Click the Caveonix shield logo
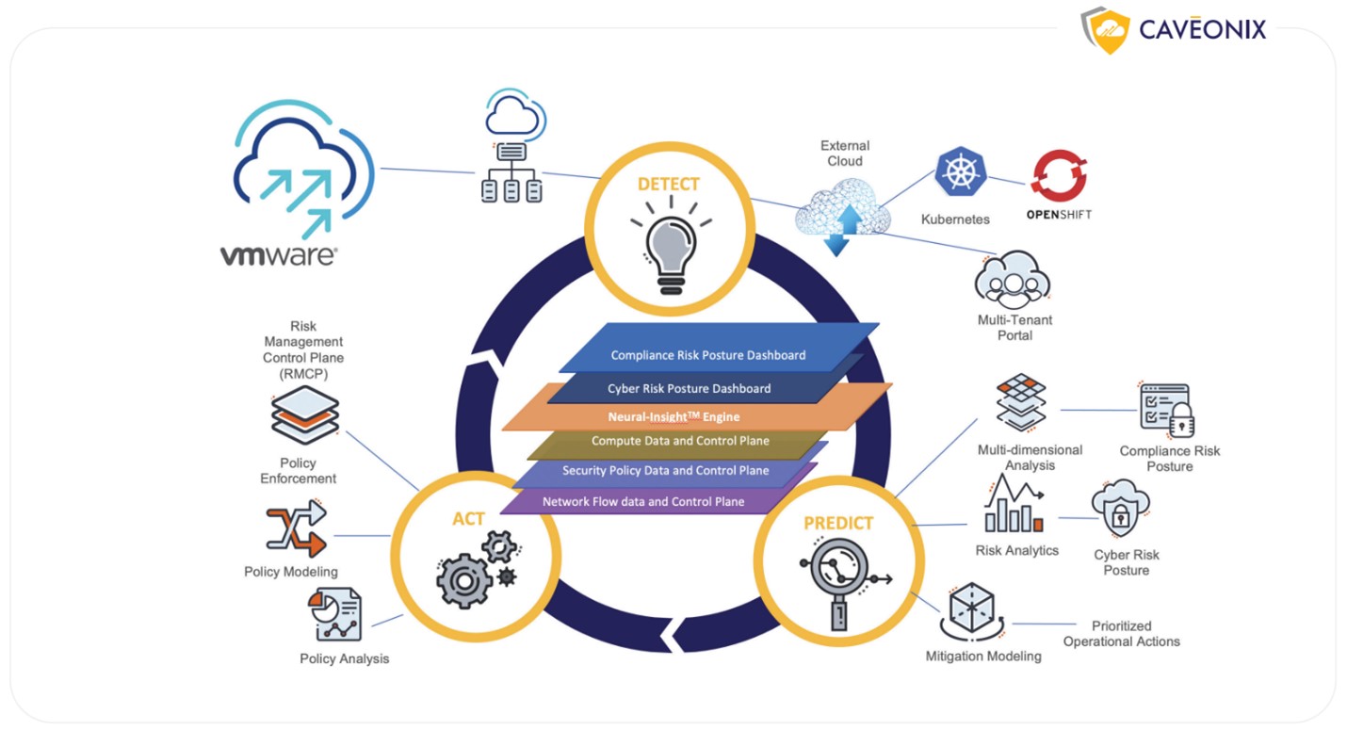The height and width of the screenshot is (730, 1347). [1106, 30]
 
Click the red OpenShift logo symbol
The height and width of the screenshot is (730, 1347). [1059, 176]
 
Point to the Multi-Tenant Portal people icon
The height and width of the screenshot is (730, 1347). [1013, 279]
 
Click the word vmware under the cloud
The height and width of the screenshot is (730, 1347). [279, 255]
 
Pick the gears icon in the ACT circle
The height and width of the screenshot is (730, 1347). [476, 571]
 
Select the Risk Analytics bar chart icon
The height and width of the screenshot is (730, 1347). [1014, 506]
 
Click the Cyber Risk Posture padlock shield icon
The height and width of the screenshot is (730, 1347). [1121, 510]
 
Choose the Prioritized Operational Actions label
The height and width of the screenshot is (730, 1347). [1121, 633]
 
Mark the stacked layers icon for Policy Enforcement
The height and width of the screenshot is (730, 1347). [304, 414]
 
